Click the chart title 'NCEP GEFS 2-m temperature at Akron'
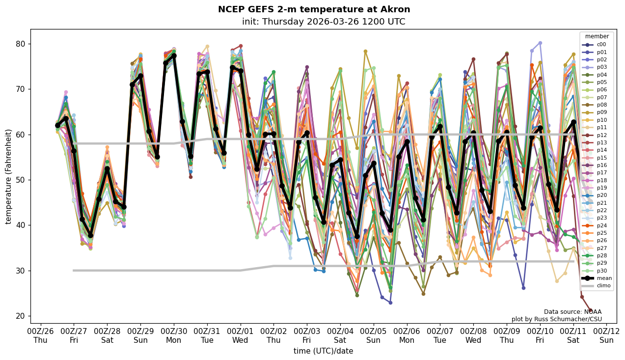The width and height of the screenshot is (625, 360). coord(314,9)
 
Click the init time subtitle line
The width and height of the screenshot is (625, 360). coord(324,22)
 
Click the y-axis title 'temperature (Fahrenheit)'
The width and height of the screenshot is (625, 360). coord(8,176)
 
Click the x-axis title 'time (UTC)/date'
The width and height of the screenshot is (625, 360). coord(323,351)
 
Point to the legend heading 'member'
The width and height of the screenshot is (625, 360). coord(597,36)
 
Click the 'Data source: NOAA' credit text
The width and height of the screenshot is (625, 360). coord(572,312)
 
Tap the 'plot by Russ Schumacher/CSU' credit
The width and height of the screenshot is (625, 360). coord(556,319)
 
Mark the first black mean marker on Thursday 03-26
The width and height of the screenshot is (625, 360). coord(57,125)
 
